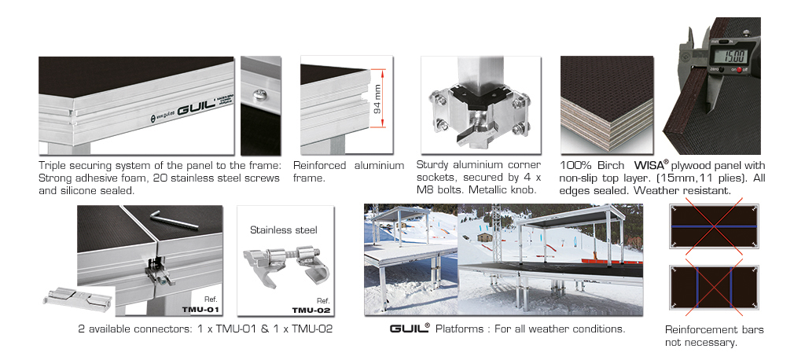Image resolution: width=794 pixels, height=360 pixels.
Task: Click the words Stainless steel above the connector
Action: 284,230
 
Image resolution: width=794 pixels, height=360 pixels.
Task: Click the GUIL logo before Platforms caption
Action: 410,328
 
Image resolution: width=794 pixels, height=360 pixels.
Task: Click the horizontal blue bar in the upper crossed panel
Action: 714,226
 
